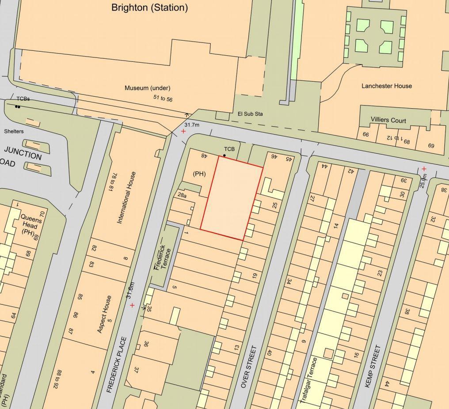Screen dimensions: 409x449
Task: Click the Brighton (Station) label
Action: point(149,8)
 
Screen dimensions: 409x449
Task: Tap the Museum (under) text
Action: point(147,88)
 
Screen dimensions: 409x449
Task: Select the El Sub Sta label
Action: point(251,114)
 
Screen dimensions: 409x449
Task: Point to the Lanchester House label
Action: point(387,86)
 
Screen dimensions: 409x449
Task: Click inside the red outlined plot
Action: point(231,199)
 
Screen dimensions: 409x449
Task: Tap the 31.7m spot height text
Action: point(192,125)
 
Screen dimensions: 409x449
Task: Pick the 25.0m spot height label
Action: point(423,177)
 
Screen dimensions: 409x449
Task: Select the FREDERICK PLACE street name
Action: point(117,365)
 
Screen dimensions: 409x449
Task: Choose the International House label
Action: point(127,197)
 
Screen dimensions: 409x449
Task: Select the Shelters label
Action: point(14,131)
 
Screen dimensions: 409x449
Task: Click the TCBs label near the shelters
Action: point(23,99)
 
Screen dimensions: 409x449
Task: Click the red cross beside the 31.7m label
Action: point(183,132)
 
